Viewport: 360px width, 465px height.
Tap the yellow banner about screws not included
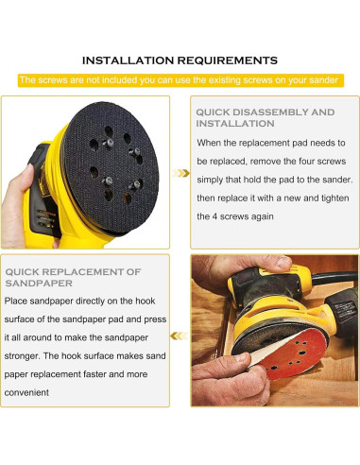179,80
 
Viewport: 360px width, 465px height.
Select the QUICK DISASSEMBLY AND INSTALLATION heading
265,117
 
